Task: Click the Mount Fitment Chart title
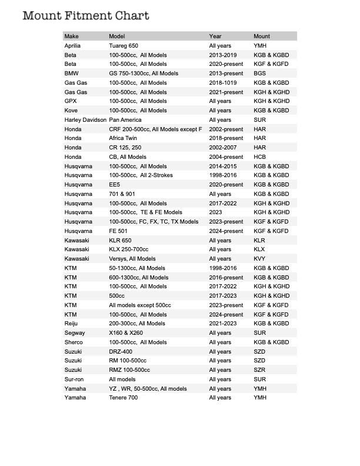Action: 85,16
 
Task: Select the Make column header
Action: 71,36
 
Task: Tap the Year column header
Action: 215,36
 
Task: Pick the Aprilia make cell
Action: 73,46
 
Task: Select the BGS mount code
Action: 259,74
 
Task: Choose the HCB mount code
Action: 259,157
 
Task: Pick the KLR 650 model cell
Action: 120,241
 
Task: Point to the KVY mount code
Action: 259,259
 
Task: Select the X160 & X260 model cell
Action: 126,333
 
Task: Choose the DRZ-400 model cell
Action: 121,351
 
